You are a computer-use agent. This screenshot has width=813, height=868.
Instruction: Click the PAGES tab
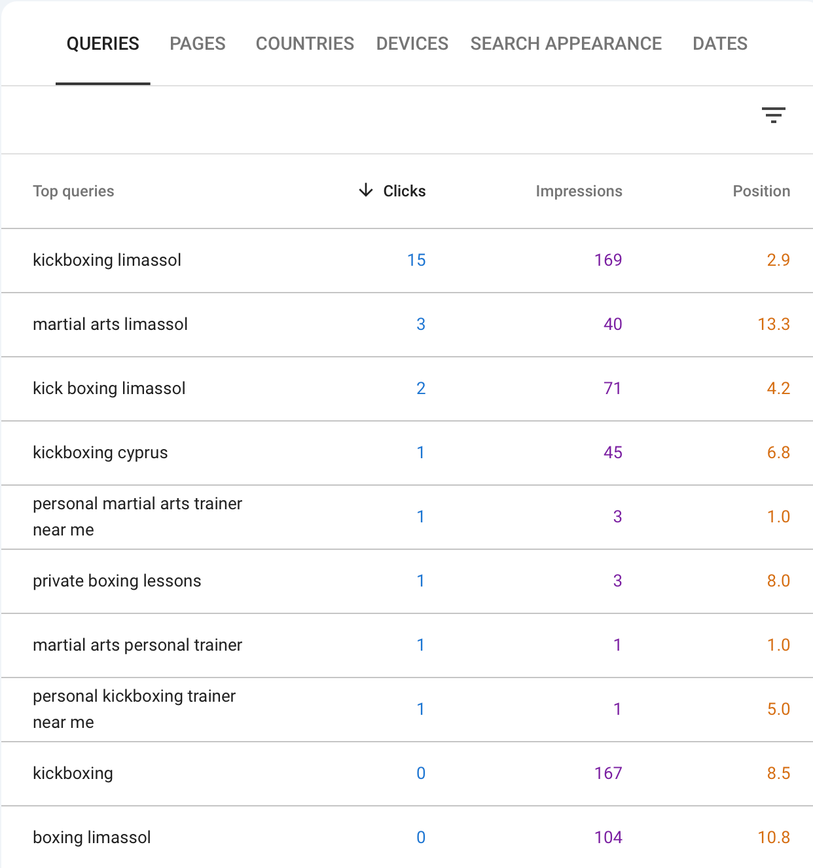[x=197, y=44]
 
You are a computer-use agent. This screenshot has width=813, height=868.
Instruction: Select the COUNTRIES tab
[x=304, y=44]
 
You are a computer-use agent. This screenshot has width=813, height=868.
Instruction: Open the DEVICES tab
[x=412, y=44]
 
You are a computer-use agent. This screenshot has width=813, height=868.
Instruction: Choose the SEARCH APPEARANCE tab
[x=566, y=44]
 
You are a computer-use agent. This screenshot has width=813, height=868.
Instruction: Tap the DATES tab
[x=719, y=44]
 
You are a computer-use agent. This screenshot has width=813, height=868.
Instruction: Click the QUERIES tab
[x=103, y=44]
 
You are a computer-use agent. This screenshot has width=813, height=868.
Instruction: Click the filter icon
[x=773, y=115]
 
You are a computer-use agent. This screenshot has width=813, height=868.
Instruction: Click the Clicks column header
[x=404, y=191]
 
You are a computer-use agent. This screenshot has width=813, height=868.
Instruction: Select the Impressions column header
[x=579, y=191]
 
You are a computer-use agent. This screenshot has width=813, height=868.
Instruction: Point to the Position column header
[x=761, y=191]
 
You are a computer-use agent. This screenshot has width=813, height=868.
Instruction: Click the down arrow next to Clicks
[x=366, y=190]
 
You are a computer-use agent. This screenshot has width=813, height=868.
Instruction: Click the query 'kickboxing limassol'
[x=107, y=261]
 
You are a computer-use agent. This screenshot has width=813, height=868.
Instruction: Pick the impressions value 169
[x=607, y=261]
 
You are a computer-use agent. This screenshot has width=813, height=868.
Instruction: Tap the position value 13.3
[x=773, y=325]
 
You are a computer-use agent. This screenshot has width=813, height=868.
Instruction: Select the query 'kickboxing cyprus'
[x=100, y=453]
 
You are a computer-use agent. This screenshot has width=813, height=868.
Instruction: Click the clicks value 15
[x=416, y=261]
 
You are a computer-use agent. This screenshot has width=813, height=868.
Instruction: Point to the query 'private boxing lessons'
[x=117, y=581]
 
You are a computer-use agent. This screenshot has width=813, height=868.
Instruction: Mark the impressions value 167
[x=607, y=774]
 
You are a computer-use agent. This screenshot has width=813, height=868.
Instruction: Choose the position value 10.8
[x=773, y=838]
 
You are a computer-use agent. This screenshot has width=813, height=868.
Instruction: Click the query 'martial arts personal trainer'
[x=137, y=645]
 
